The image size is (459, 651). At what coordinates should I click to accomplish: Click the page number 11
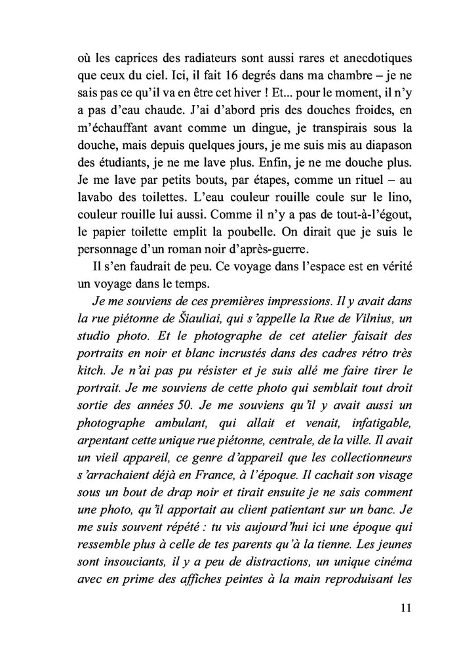[x=405, y=608]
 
